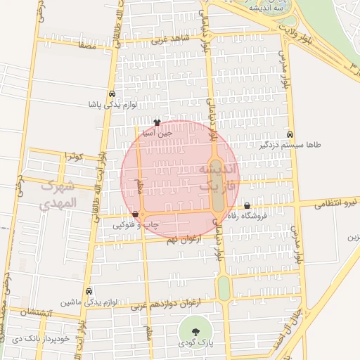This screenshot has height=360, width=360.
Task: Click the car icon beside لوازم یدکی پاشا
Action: [112, 94]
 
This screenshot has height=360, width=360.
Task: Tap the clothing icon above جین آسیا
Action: [157, 122]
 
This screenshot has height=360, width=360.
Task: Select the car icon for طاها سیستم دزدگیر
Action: [290, 134]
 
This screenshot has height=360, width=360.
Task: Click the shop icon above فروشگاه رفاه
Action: [247, 206]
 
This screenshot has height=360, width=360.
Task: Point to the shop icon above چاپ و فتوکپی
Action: [135, 214]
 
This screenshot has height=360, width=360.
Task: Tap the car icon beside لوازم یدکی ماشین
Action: [89, 291]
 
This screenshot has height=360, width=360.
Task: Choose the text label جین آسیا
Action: [157, 132]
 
